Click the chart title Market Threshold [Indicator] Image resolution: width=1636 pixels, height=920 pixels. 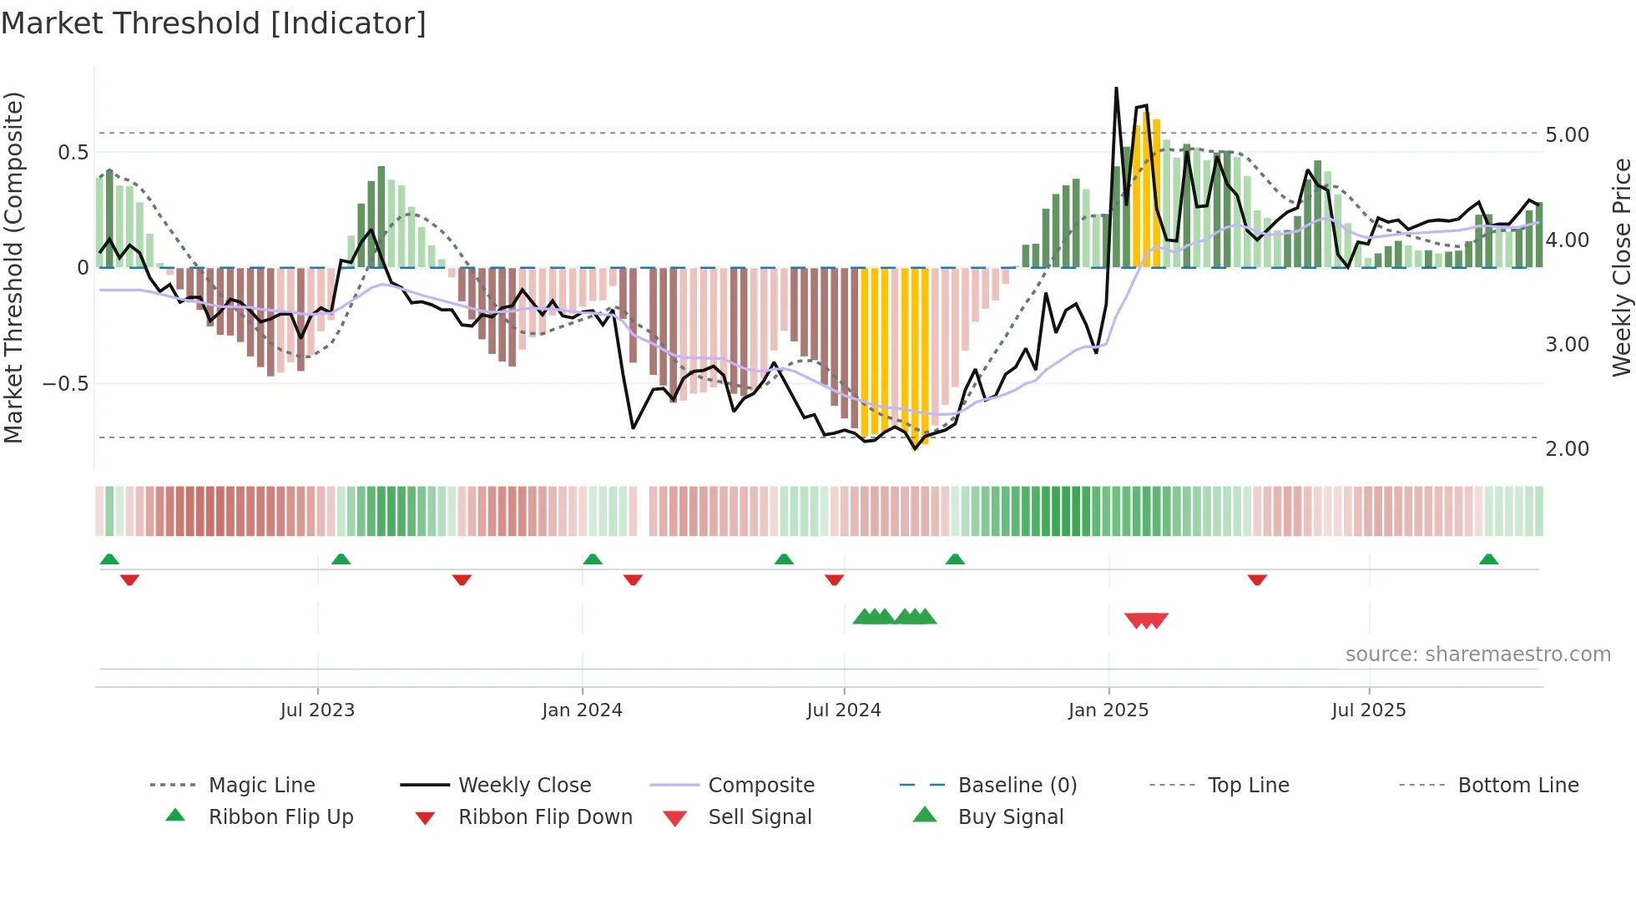coord(214,23)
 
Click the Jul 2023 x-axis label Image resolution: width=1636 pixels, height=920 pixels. coord(317,710)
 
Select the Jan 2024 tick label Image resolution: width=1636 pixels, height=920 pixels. coord(582,710)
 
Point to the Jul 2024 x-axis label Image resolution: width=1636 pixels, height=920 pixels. coord(844,710)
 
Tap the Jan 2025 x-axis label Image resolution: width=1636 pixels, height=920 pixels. coord(1108,710)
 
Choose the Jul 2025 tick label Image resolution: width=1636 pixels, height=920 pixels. coord(1369,710)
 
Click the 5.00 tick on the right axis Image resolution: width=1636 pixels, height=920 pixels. coord(1567,135)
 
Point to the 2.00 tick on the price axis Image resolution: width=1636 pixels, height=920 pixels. coord(1567,449)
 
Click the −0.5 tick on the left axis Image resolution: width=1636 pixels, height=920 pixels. coord(65,384)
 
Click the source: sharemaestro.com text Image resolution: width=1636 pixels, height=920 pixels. coord(1477,655)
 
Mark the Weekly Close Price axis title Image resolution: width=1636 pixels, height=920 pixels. coord(1621,267)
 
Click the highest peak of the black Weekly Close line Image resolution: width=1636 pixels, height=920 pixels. coord(1116,88)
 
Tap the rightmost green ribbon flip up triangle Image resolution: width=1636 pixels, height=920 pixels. coord(1488,559)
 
